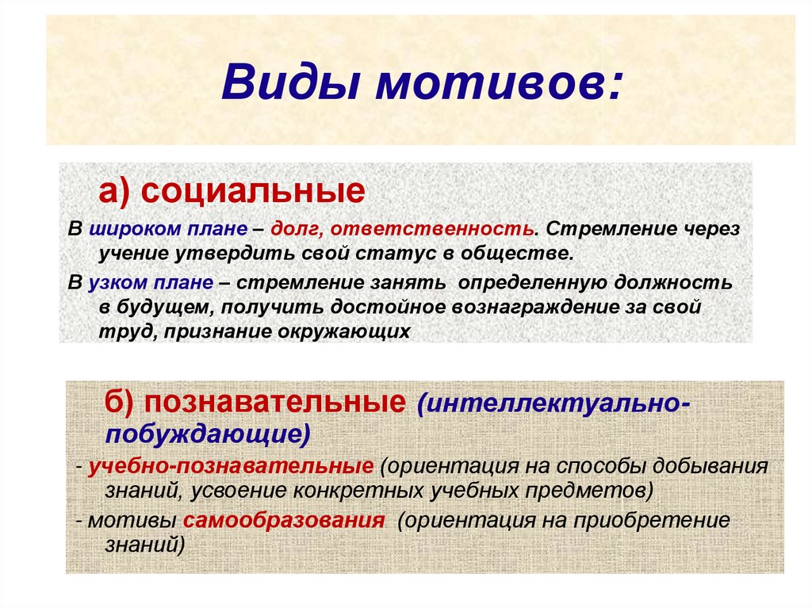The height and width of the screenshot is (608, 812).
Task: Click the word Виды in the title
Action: (x=290, y=82)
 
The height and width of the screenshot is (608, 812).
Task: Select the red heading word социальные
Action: (x=253, y=192)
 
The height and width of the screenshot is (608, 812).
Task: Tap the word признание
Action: (x=218, y=331)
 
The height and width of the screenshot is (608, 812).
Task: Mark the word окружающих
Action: (x=344, y=331)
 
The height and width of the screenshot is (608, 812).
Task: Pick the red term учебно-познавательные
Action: (x=231, y=466)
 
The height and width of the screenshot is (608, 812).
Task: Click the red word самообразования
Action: (x=284, y=520)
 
